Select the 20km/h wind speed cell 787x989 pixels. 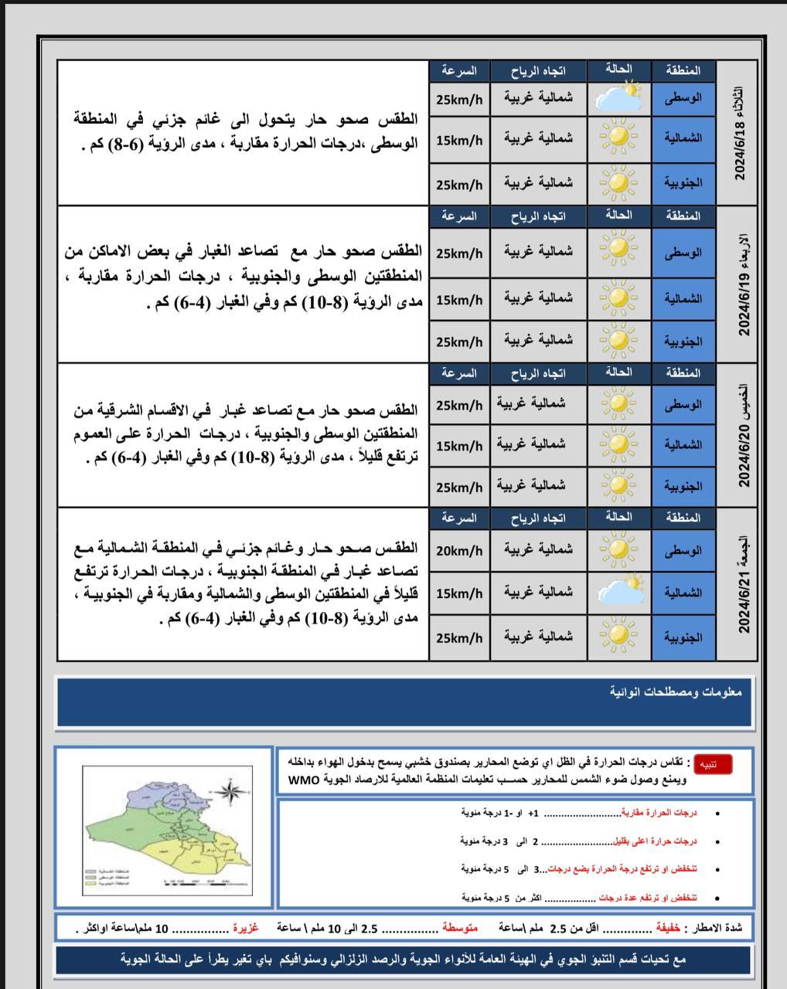[459, 551]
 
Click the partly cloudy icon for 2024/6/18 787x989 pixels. [618, 98]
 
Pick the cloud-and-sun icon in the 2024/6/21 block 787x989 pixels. [618, 593]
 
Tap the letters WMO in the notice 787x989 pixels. [303, 779]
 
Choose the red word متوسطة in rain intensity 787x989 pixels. [460, 927]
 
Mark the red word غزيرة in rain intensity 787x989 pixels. [246, 927]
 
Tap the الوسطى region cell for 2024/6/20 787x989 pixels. [683, 404]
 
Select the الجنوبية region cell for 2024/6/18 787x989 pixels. [683, 183]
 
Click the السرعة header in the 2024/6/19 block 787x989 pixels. [459, 216]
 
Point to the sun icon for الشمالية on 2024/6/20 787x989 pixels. [618, 445]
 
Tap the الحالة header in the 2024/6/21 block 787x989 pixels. [618, 516]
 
